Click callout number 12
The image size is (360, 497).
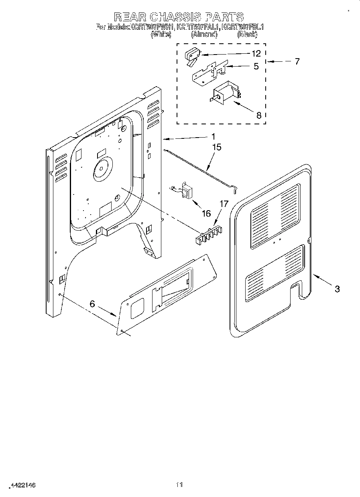coord(256,53)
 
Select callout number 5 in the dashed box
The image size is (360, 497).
coord(256,66)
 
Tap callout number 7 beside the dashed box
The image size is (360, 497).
coord(297,61)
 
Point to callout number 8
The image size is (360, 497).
coord(258,115)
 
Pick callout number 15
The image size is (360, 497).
coord(216,147)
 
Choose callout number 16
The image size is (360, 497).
coord(206,213)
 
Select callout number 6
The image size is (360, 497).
coord(93,304)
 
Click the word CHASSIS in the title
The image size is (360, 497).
coord(175,16)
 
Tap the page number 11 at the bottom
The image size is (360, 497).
coord(179,485)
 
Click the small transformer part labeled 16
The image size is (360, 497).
coord(186,190)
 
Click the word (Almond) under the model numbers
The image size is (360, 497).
coord(204,34)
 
